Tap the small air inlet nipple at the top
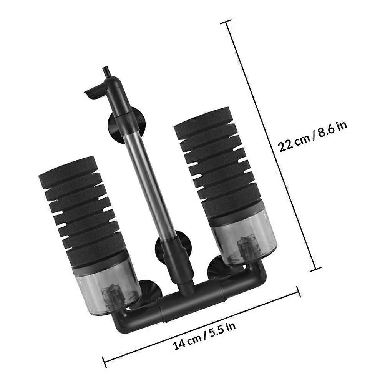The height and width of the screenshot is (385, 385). click(x=106, y=73)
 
